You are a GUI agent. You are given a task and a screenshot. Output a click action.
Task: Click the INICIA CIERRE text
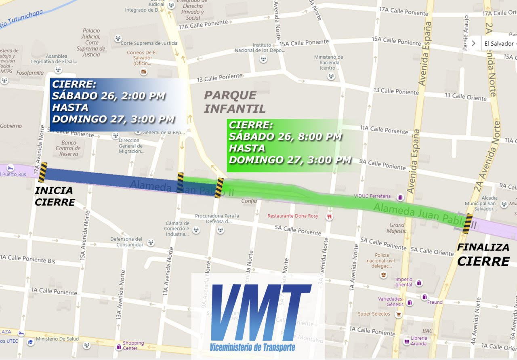pos(55,196)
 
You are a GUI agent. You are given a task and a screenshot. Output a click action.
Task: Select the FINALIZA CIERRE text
pos(483,255)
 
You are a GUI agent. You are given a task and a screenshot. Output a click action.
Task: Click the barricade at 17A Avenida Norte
pos(42,172)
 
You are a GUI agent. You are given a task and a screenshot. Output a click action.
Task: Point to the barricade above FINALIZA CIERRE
pos(468,224)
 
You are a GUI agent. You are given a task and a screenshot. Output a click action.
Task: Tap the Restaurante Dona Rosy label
pos(293,216)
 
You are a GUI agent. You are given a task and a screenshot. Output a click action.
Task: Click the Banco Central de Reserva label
pos(69,148)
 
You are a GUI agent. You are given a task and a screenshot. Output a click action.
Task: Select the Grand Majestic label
pos(397,228)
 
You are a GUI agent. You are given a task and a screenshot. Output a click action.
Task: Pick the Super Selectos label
pos(374,314)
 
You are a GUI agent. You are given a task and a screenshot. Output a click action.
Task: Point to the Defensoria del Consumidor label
pos(127,242)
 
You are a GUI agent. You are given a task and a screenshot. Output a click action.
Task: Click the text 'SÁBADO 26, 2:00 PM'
pos(108,96)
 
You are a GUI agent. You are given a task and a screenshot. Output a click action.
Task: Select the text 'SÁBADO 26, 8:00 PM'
pos(285,137)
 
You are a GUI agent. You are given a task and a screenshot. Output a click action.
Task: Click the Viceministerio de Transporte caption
pos(252,347)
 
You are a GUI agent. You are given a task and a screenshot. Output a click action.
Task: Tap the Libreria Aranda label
pos(419,341)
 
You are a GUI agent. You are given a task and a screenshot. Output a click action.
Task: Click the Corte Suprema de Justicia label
pos(149,43)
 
